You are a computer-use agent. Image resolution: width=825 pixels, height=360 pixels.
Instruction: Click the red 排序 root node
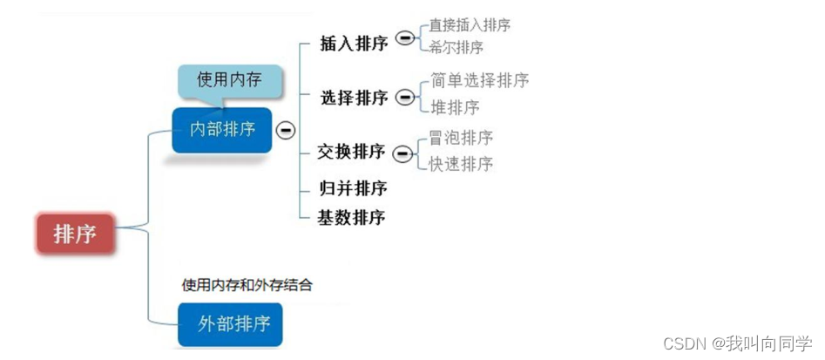(x=75, y=234)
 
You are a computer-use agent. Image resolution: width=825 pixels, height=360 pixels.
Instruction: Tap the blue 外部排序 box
(x=230, y=324)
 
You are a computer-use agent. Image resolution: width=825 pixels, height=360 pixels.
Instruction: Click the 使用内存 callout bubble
(x=230, y=81)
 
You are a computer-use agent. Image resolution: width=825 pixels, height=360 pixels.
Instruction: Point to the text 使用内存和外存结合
(x=247, y=284)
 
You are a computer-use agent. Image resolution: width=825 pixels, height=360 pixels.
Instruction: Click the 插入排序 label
(x=354, y=44)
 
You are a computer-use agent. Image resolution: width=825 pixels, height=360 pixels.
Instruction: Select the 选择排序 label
(x=354, y=98)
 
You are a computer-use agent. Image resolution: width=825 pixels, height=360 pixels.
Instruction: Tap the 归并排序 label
(x=352, y=188)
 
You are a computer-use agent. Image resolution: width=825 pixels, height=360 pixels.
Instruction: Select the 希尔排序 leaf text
(x=456, y=47)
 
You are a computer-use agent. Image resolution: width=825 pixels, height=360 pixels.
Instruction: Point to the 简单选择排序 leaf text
(x=480, y=80)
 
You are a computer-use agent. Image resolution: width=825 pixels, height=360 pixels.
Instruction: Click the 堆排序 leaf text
(x=455, y=107)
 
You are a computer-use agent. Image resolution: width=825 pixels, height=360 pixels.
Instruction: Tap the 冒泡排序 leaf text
(x=462, y=138)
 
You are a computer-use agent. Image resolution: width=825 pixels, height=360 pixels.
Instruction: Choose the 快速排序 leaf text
(x=462, y=163)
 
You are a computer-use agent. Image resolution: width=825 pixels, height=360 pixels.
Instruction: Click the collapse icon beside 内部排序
(x=285, y=130)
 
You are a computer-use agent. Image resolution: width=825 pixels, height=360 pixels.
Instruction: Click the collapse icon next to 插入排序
(x=404, y=38)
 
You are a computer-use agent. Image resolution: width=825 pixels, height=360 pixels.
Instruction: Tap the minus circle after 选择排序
(x=405, y=98)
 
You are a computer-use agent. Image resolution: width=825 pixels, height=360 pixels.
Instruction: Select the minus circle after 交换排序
(x=402, y=153)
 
